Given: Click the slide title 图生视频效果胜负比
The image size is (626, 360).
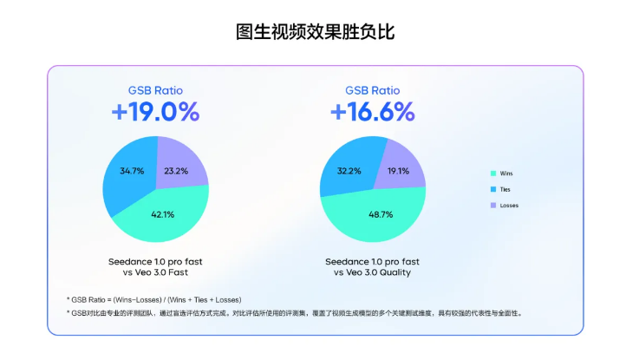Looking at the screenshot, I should [x=314, y=32].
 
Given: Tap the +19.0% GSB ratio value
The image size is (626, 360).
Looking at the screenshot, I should [x=155, y=113].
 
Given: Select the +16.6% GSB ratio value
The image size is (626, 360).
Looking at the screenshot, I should [x=373, y=113].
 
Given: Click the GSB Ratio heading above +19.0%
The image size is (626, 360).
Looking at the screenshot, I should [x=155, y=89].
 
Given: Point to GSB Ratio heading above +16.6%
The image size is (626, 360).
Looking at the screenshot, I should [x=373, y=89].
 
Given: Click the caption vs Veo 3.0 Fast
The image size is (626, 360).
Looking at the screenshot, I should [x=156, y=272].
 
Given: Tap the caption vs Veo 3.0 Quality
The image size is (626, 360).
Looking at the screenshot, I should [x=373, y=272].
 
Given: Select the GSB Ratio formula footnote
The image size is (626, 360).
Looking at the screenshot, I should [x=154, y=299].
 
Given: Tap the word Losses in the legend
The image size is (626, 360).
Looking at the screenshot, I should [x=510, y=206].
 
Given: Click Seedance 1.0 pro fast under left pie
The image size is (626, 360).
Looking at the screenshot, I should [x=156, y=261].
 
